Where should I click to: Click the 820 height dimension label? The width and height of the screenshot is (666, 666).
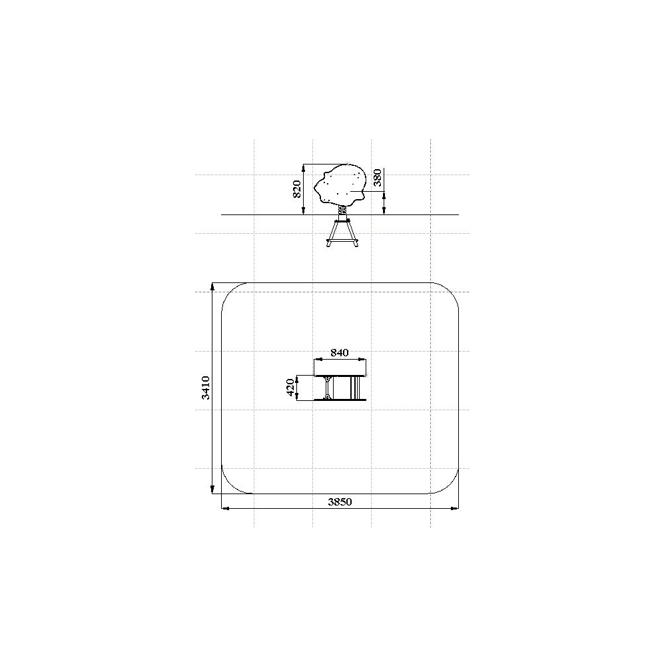coord(297,189)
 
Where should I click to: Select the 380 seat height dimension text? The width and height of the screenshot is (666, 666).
coord(377,178)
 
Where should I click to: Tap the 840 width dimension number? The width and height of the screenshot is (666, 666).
coord(340,352)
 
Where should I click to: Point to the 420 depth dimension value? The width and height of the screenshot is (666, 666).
coord(290,388)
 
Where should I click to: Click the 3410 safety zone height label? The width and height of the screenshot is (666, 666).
coord(206,388)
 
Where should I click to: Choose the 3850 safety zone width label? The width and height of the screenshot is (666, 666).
coord(340,501)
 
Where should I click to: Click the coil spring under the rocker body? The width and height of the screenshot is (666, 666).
coord(342,211)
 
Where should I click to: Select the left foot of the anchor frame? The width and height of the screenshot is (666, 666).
coord(328,244)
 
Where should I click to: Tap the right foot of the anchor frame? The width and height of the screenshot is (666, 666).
coord(356,244)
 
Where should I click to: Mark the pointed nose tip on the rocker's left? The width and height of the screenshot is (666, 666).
coord(315,188)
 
